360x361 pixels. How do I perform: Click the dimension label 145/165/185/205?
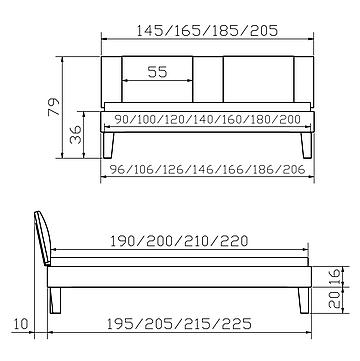[x=207, y=31]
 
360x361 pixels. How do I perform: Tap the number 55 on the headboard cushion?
[x=157, y=72]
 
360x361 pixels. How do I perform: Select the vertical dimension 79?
[x=54, y=107]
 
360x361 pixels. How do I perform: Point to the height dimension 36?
[x=76, y=134]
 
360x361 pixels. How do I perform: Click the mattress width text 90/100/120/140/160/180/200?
[x=207, y=119]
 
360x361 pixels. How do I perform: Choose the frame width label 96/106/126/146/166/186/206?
[x=207, y=170]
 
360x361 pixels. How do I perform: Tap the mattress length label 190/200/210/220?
[x=179, y=241]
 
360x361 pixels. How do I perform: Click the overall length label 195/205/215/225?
[x=179, y=323]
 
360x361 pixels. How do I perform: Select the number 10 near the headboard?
[x=22, y=324]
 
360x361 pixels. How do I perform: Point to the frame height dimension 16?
[x=334, y=276]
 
